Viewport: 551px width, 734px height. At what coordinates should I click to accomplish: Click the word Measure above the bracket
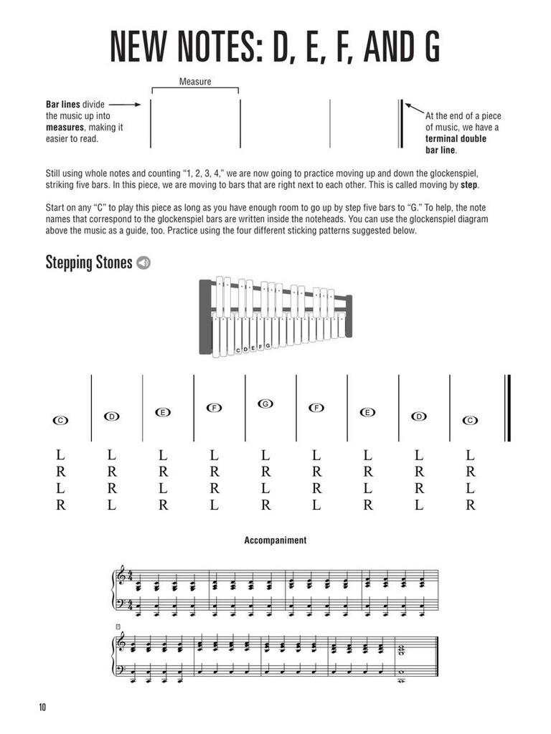pyautogui.click(x=195, y=82)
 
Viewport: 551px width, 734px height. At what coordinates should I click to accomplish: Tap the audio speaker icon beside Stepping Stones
pyautogui.click(x=143, y=263)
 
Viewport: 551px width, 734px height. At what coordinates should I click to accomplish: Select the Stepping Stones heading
pyautogui.click(x=89, y=263)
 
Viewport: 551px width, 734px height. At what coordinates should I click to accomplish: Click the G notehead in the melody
pyautogui.click(x=265, y=404)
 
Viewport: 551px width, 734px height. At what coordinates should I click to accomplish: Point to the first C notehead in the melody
pyautogui.click(x=60, y=421)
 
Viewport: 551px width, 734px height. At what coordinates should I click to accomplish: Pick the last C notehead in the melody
pyautogui.click(x=470, y=421)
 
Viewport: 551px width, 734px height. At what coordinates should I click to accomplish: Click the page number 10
pyautogui.click(x=43, y=707)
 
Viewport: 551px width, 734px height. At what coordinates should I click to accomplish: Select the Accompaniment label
pyautogui.click(x=275, y=540)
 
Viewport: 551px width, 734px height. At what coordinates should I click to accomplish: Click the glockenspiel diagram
pyautogui.click(x=275, y=316)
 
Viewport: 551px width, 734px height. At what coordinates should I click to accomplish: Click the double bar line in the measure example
pyautogui.click(x=400, y=123)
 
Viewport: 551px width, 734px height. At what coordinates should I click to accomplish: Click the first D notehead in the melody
pyautogui.click(x=111, y=416)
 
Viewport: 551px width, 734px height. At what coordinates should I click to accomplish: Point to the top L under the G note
pyautogui.click(x=265, y=455)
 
